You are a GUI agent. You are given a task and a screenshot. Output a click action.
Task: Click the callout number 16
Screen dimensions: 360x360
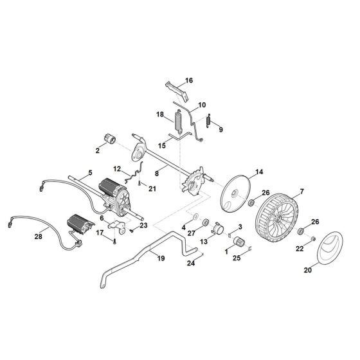pos(189,81)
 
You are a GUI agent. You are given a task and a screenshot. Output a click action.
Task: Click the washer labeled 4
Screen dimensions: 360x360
pos(194,218)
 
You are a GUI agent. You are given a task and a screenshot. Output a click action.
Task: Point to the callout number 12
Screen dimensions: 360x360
pos(117,169)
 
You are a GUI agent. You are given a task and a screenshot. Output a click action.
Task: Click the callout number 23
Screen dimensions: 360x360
pos(143,225)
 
